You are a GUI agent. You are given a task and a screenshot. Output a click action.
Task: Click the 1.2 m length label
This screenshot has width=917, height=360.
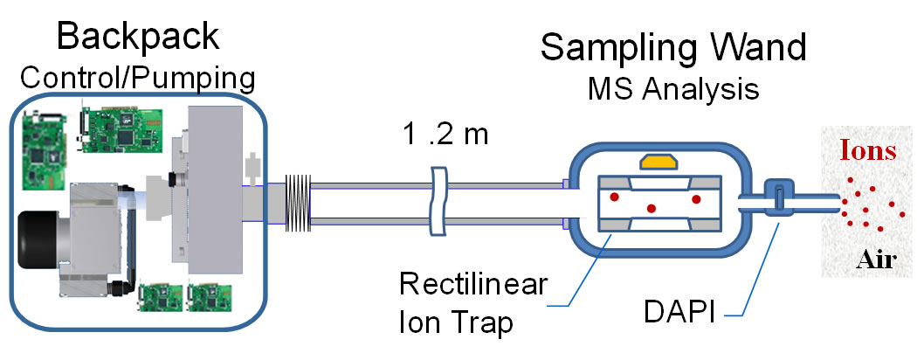(x=445, y=135)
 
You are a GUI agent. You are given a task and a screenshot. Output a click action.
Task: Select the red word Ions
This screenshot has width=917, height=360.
(x=866, y=151)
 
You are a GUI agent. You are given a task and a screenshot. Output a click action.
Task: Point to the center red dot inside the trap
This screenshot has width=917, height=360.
(x=652, y=208)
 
